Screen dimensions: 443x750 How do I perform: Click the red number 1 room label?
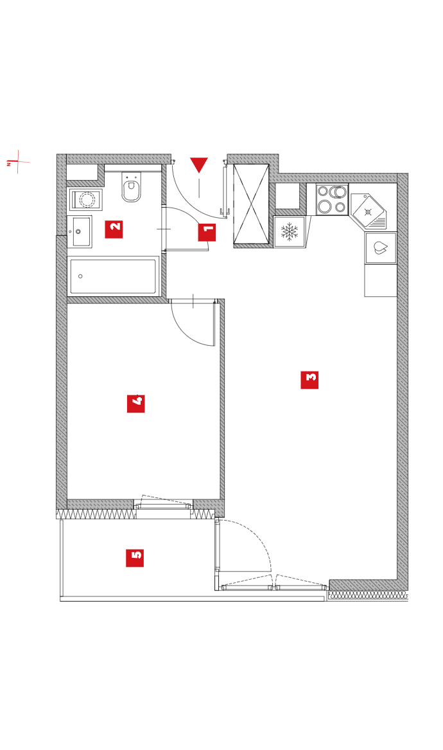coord(207,233)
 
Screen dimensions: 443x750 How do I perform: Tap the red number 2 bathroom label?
coord(114,229)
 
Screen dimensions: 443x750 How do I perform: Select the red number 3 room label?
coord(309,380)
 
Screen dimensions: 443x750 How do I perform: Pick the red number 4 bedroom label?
coord(135,404)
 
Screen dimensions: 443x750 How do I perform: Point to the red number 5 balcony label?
coord(135,558)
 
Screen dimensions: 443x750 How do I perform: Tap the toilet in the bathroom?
coord(132,187)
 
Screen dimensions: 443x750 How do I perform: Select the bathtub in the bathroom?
coord(113,276)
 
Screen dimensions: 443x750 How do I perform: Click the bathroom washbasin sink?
coord(80,232)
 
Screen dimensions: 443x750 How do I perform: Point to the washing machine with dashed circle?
coord(86,199)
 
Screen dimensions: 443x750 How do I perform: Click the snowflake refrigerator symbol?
coord(289,232)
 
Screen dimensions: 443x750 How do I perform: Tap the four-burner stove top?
coord(332,199)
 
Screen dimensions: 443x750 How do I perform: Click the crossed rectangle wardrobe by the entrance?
coord(251,204)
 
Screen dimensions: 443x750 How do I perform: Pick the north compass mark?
coord(18,162)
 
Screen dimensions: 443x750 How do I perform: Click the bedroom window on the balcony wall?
coord(163,505)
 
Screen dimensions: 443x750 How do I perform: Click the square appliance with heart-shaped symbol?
coord(381,248)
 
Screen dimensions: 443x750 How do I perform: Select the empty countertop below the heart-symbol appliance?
coord(381,280)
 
